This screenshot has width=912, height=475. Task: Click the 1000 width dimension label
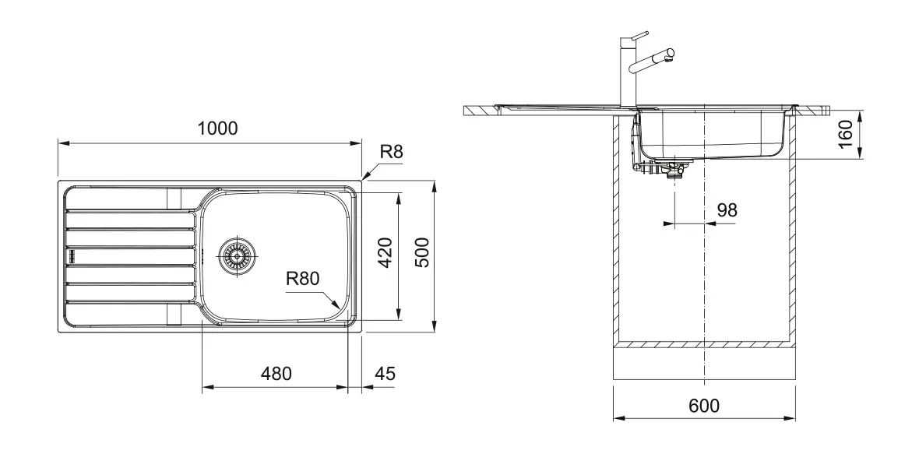tap(217, 128)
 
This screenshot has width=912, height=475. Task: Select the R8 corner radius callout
tap(392, 153)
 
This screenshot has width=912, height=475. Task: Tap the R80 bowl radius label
tap(303, 279)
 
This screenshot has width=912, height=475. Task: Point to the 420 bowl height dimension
tap(386, 253)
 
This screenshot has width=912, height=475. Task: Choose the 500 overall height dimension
tap(422, 253)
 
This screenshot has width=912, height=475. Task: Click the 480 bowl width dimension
tap(276, 374)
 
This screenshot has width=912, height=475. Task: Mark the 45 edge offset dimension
tap(385, 374)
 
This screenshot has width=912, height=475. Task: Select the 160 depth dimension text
tap(847, 135)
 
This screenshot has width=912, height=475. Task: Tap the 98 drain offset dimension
tap(727, 209)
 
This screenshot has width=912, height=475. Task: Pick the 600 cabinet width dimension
tap(704, 406)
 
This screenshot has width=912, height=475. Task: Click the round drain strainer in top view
tap(237, 255)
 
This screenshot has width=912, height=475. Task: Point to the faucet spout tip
tap(669, 55)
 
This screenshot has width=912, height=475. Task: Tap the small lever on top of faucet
tap(639, 34)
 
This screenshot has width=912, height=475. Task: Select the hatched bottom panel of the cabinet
tap(704, 343)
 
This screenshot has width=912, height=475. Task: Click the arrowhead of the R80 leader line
tap(336, 308)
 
